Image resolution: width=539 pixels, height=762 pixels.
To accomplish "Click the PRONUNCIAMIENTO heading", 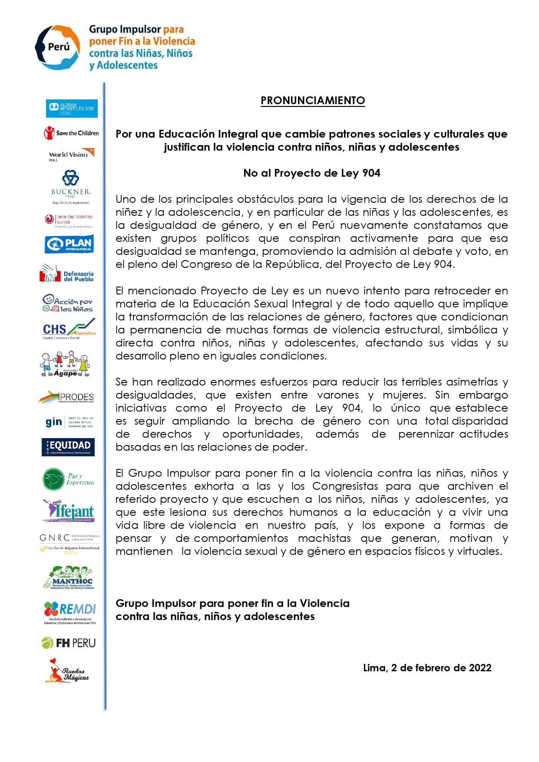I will [312, 101].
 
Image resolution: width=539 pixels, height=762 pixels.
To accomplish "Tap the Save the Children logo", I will [71, 133].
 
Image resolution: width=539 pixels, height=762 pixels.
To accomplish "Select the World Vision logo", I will [71, 155].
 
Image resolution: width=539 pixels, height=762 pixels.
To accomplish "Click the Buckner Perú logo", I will [71, 186].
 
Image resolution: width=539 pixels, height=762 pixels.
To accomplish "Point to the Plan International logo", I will [69, 244].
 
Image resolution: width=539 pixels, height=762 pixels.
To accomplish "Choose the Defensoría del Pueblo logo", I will [67, 274].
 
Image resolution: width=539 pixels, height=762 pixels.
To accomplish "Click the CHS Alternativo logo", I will [69, 329].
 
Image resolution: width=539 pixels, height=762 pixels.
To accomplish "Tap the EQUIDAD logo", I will [68, 446].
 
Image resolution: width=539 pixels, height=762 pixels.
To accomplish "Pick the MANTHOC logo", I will [69, 577].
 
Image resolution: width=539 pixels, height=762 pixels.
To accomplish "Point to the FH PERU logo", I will [69, 643].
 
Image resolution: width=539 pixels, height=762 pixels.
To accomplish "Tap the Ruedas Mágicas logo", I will [67, 671].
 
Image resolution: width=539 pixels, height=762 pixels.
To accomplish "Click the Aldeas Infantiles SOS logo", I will [72, 108].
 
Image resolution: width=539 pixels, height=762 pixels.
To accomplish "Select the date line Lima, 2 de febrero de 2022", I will [427, 668].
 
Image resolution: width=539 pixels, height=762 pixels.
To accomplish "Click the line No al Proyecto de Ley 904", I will [311, 173].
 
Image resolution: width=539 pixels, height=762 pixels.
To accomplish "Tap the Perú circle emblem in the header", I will [57, 47].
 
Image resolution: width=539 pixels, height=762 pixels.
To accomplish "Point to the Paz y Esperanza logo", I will [69, 478].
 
